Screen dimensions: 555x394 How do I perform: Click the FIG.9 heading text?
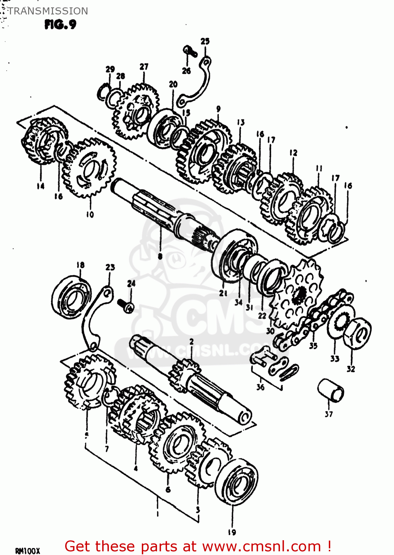tap(60, 24)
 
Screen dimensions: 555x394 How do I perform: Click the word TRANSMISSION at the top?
tap(48, 11)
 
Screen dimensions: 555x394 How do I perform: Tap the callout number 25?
tap(205, 41)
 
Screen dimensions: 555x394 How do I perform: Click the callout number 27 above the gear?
tap(144, 67)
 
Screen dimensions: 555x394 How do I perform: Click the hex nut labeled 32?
tap(357, 333)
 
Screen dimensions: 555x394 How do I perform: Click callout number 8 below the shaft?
tap(160, 256)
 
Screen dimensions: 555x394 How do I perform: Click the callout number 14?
tap(40, 186)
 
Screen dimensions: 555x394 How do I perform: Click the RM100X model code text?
tap(27, 551)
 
